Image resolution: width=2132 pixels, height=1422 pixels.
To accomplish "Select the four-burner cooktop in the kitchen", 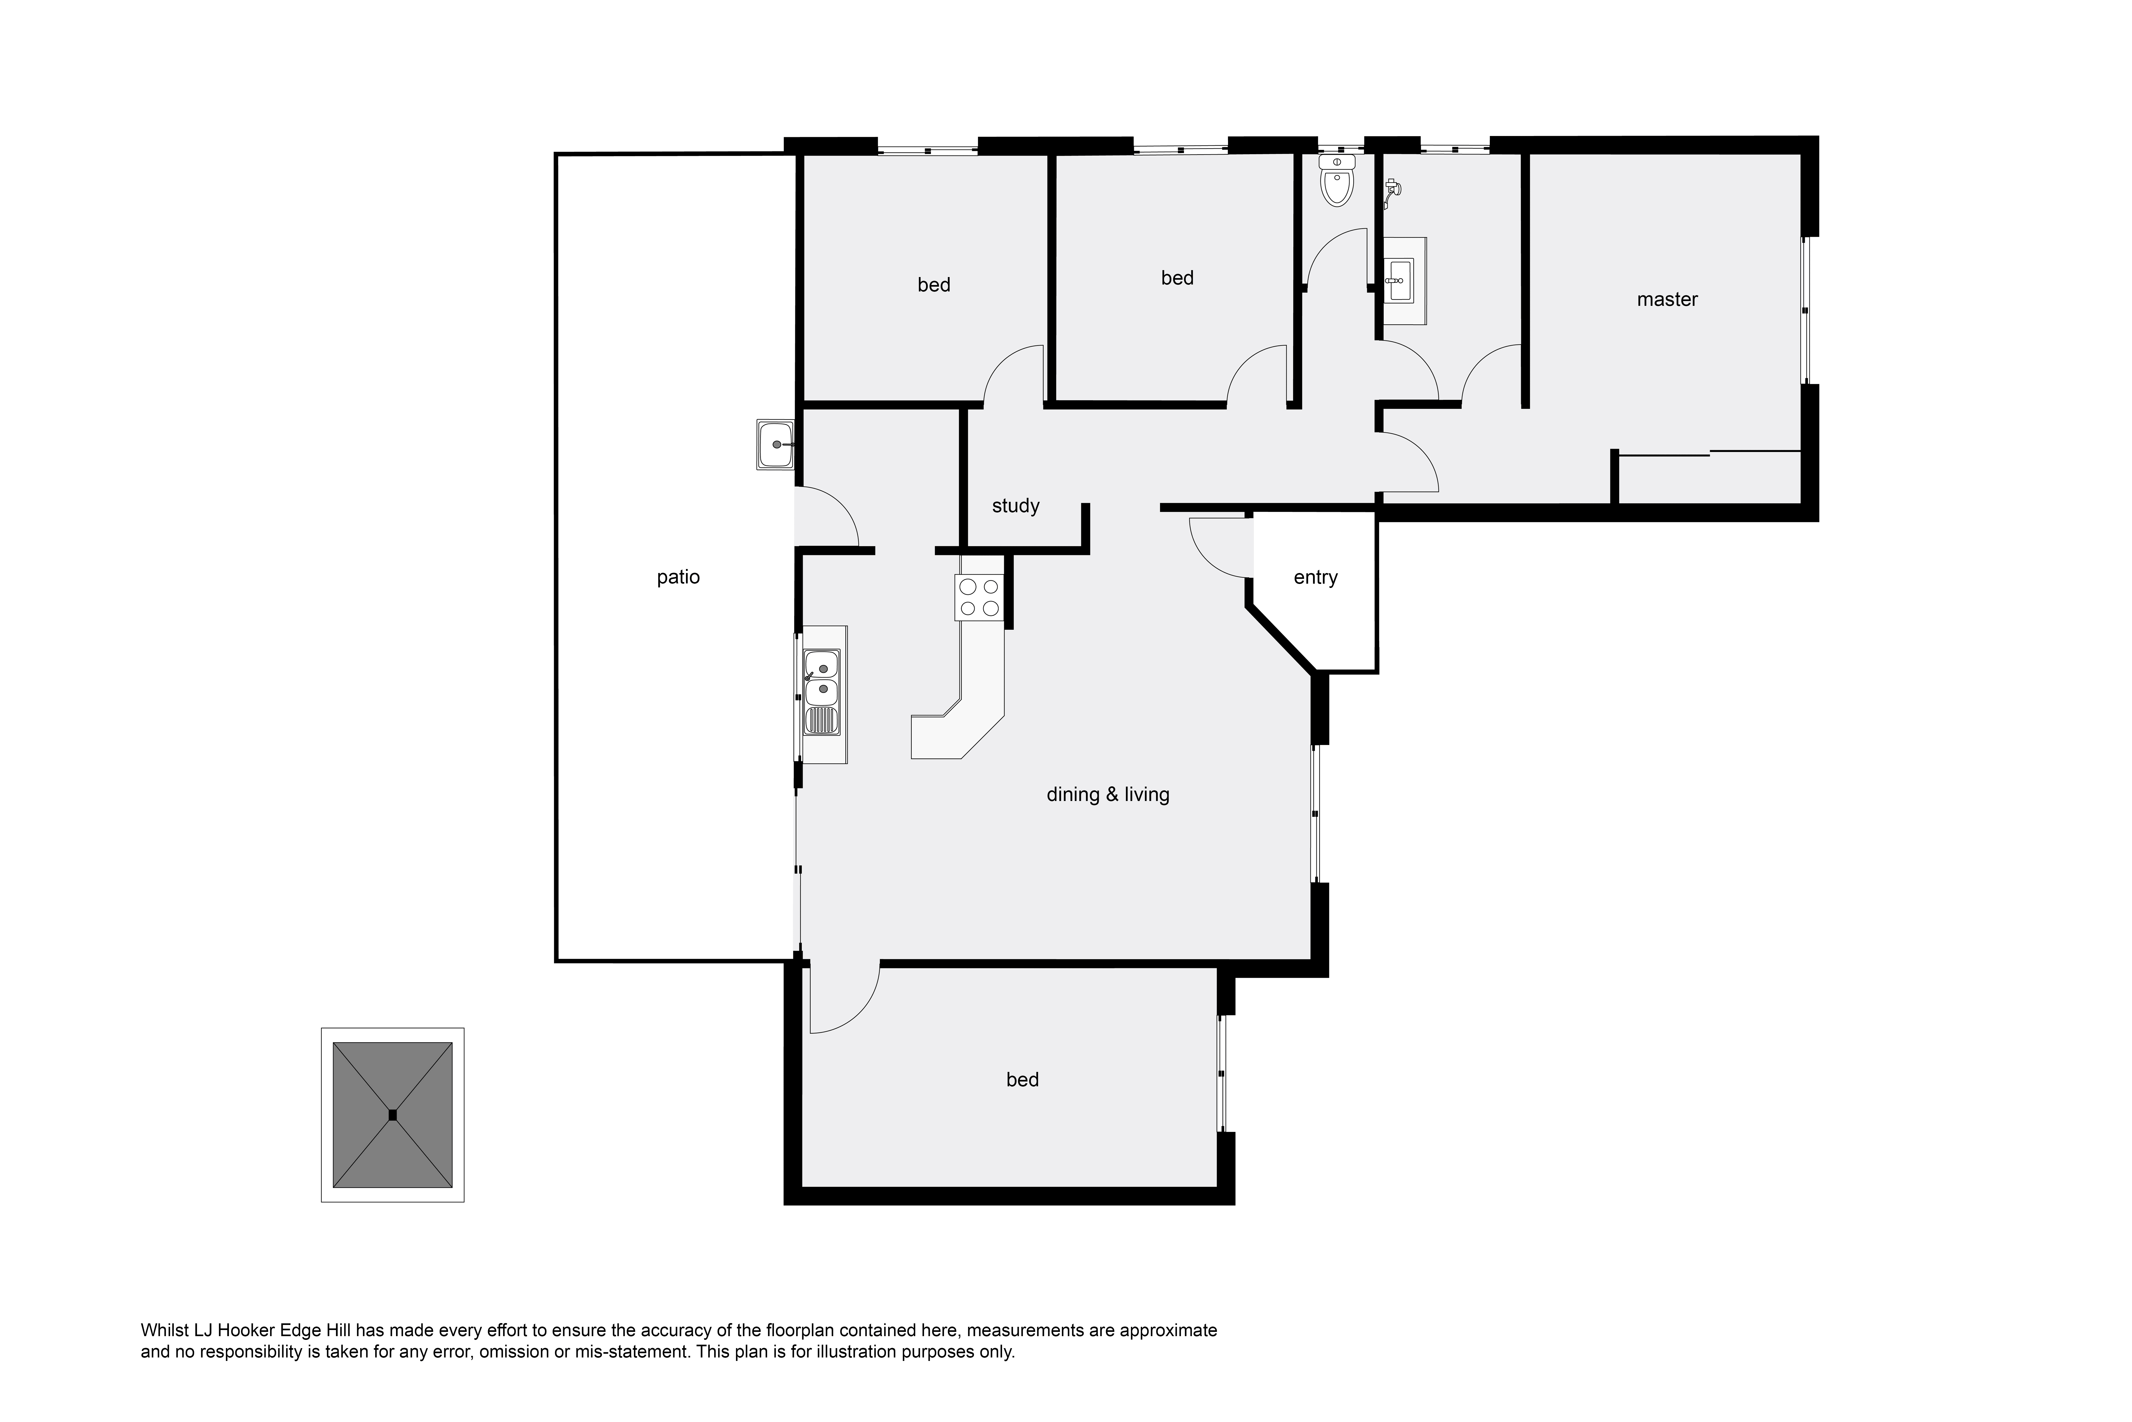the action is pyautogui.click(x=980, y=599).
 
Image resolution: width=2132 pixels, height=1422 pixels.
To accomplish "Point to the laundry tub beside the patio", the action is pyautogui.click(x=776, y=444).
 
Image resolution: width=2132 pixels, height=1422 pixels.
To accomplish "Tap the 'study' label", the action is pyautogui.click(x=1015, y=506).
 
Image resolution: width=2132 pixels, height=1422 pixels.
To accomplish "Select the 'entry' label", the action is pyautogui.click(x=1315, y=578).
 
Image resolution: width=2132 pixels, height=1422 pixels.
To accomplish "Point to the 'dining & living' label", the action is pyautogui.click(x=1108, y=794).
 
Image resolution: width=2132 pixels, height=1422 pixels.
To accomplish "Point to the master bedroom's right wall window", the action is pyautogui.click(x=1805, y=310).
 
